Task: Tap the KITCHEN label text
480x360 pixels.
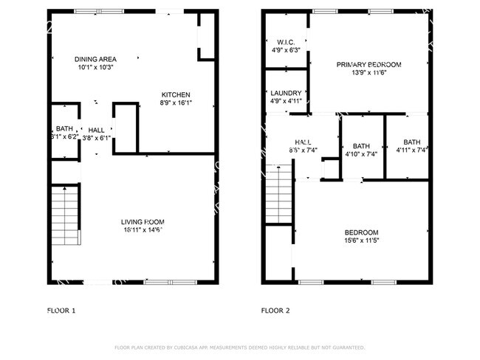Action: pyautogui.click(x=176, y=94)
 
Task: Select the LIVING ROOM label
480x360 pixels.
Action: pyautogui.click(x=143, y=221)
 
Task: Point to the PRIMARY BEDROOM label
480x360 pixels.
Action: pyautogui.click(x=368, y=64)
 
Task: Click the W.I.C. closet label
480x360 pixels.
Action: pyautogui.click(x=286, y=42)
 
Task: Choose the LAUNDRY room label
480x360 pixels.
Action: pyautogui.click(x=286, y=93)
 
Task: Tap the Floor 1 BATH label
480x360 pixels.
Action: pyautogui.click(x=64, y=128)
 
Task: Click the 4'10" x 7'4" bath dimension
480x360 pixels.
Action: pyautogui.click(x=361, y=154)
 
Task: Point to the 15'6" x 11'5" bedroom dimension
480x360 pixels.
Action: pyautogui.click(x=361, y=240)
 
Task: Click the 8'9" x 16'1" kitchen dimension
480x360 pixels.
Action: pyautogui.click(x=176, y=103)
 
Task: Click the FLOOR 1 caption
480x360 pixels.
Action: pyautogui.click(x=61, y=311)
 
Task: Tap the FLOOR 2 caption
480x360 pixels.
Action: pyautogui.click(x=275, y=311)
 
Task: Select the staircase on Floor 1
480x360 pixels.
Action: pyautogui.click(x=65, y=215)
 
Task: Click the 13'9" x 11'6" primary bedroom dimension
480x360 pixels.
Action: pyautogui.click(x=368, y=73)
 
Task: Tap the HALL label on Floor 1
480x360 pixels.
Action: pyautogui.click(x=96, y=128)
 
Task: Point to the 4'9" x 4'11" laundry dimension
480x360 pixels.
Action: pyautogui.click(x=286, y=102)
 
